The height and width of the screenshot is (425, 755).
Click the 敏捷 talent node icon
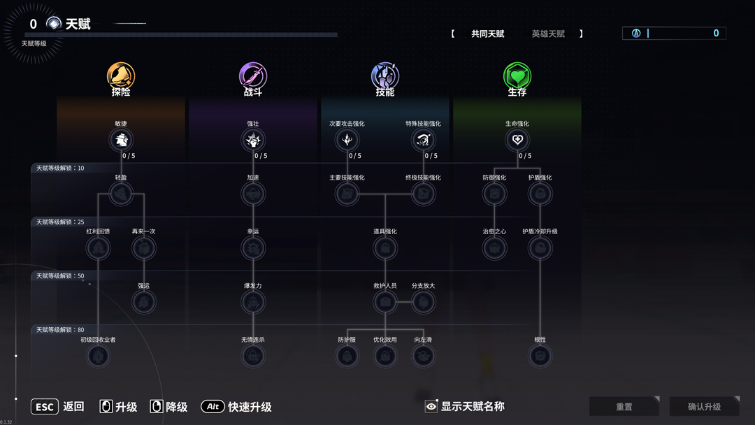click(121, 140)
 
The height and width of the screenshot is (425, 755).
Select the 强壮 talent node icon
click(253, 140)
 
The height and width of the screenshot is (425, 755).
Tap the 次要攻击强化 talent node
click(347, 140)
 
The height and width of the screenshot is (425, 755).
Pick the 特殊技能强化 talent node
click(423, 140)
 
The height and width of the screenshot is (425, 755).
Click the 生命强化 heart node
click(517, 140)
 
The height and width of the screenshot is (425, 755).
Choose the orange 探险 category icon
click(121, 75)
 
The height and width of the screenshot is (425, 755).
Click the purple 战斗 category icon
click(253, 75)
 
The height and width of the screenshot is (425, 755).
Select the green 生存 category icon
click(517, 75)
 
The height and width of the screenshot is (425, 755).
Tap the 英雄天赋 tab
click(548, 34)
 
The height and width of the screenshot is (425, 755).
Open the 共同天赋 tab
click(487, 34)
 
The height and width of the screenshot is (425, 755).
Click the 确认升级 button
click(704, 407)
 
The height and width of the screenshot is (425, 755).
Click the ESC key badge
click(44, 407)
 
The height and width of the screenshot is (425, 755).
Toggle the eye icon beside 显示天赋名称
click(431, 407)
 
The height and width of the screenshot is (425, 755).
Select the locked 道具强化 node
click(385, 248)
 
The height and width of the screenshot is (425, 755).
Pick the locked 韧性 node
click(540, 356)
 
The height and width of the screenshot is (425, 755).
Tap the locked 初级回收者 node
click(98, 356)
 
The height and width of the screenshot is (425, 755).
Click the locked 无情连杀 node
click(253, 356)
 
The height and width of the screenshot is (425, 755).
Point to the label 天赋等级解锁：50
click(60, 276)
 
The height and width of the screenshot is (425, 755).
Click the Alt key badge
click(213, 407)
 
